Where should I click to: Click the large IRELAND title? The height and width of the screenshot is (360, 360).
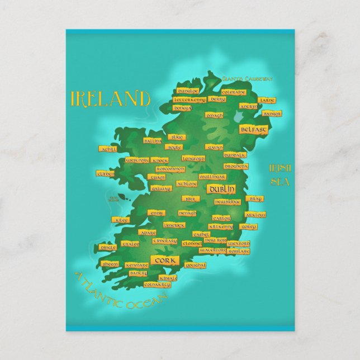point(110,99)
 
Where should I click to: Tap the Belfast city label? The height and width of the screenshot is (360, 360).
point(253,129)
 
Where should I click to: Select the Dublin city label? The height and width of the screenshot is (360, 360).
point(220,190)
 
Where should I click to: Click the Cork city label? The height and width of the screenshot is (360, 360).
point(164,260)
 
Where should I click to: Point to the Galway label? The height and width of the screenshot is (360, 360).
point(161,189)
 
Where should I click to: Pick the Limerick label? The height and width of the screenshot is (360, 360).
point(174,225)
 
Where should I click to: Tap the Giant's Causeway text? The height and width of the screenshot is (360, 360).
point(247,79)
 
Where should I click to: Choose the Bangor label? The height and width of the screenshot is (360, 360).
point(272,113)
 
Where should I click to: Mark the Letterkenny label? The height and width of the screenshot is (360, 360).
point(190,100)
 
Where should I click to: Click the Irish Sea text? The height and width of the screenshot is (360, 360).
point(278,174)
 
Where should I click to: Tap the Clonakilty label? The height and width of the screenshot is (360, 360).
point(157,285)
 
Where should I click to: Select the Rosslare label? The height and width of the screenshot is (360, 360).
point(239,252)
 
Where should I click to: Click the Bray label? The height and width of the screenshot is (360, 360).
point(254,198)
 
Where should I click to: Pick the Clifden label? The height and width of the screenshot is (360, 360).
point(105,173)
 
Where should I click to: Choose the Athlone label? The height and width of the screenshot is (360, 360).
point(187,183)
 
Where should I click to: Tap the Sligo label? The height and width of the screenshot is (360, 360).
point(177,137)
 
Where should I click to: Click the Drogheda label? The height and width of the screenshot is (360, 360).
point(235,166)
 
